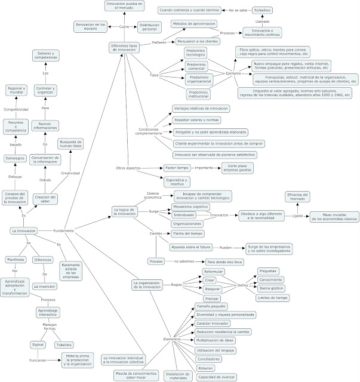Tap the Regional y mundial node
pos(14,91)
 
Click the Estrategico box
pos(15,158)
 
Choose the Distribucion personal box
pos(149,28)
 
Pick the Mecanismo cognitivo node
pos(190,206)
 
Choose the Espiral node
pos(38,344)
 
